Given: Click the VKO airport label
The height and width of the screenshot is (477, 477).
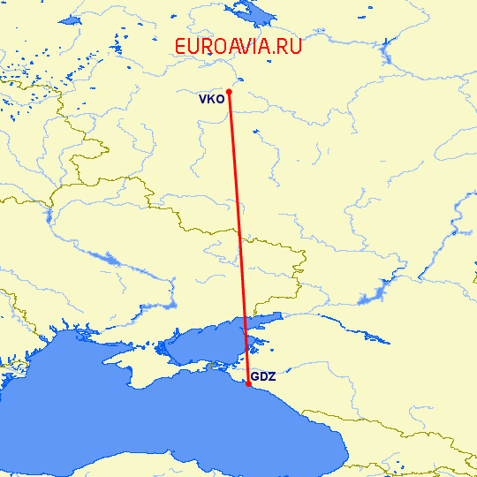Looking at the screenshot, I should tap(211, 99).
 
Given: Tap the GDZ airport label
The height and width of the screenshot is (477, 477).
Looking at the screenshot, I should tap(263, 377).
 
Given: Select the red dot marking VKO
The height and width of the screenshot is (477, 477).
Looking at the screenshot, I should tap(229, 91).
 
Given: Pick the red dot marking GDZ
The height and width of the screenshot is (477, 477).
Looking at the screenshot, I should tap(248, 383).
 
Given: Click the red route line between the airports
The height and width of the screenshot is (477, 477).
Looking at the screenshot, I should tap(238, 238).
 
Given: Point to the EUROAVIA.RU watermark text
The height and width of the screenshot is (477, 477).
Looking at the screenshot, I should tap(238, 47).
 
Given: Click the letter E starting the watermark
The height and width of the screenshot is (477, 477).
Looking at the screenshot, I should tap(180, 47).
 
